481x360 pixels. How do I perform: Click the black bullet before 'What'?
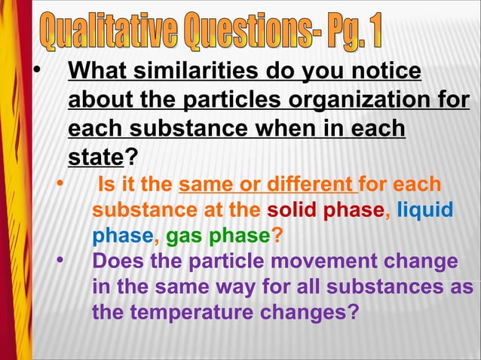coord(34,72)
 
